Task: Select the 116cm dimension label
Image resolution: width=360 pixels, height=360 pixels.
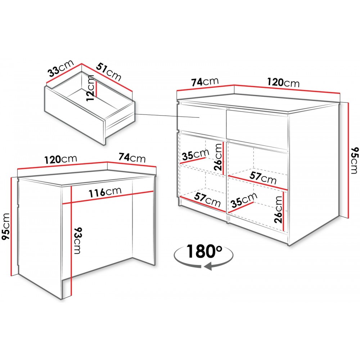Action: (x=105, y=192)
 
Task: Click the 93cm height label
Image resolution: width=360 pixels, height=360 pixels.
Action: (x=77, y=240)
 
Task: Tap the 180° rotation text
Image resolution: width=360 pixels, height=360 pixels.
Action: (x=204, y=251)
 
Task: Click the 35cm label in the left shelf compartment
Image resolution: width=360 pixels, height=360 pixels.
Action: (x=195, y=154)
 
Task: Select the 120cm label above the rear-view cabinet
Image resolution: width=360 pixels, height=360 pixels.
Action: (x=60, y=159)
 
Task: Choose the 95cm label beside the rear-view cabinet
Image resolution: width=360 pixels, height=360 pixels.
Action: (x=6, y=226)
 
